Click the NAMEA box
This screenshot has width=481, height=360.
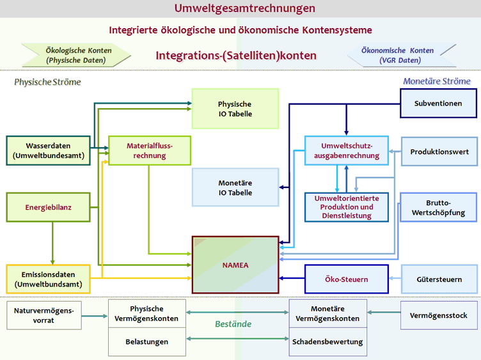tap(235, 265)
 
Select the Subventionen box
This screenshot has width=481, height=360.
tap(438, 104)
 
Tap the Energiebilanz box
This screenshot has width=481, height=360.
tap(48, 207)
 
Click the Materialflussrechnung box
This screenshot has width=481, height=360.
tap(150, 150)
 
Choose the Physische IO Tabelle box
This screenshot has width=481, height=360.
tap(235, 109)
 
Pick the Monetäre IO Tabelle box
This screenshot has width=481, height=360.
tap(235, 187)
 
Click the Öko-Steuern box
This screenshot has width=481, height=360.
tap(347, 279)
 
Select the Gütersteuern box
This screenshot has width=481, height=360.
tap(439, 279)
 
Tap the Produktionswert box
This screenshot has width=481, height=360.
tap(439, 152)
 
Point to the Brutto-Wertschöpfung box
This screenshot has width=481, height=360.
tap(438, 207)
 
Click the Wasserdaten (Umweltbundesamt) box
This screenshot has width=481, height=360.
tap(48, 150)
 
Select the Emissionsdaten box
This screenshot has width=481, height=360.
tap(48, 279)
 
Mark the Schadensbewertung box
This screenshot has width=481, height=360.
tap(327, 341)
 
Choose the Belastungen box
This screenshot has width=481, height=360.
tap(147, 341)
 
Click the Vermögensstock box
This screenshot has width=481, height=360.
tap(439, 315)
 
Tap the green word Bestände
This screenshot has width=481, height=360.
tap(233, 324)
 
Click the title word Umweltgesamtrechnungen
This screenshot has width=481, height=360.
tap(245, 8)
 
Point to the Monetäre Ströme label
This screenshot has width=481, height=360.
tap(437, 81)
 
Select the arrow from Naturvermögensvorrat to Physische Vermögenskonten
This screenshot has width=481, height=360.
tap(95, 316)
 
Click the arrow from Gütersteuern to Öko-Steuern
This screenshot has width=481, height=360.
tap(395, 278)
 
